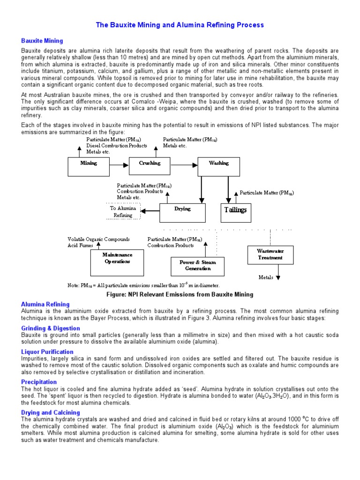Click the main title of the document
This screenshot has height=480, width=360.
coord(180,25)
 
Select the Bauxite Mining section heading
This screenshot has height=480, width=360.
coord(42,41)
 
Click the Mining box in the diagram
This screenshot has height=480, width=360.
coord(89,165)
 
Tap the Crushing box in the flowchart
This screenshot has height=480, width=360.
coord(149,165)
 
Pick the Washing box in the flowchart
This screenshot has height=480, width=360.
coord(218,165)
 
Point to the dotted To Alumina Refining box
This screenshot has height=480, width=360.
coord(121,211)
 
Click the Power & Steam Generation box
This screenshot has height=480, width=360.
coord(197,266)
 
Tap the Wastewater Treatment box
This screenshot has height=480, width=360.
coord(270,255)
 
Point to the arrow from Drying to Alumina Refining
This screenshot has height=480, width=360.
coord(150,211)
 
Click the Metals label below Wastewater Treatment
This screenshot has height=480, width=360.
coord(266,277)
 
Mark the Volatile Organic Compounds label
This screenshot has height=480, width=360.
coord(98,239)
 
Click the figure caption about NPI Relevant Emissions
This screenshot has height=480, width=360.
coord(180,294)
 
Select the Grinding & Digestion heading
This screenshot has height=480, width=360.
coord(51,328)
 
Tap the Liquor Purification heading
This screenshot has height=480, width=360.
coord(47,352)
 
